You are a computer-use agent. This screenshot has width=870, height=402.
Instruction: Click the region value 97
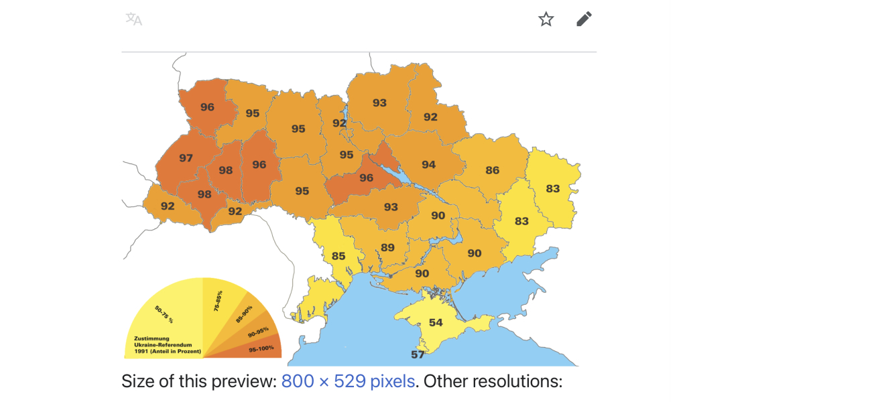coord(186,158)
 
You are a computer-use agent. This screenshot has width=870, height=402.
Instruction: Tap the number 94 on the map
coord(428,165)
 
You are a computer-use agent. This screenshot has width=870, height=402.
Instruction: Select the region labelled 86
coord(493,170)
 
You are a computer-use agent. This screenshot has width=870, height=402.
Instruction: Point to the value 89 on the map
coord(387,247)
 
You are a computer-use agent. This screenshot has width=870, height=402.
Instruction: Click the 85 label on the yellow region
coord(338,256)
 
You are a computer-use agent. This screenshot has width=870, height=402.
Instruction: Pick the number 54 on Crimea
coord(436,322)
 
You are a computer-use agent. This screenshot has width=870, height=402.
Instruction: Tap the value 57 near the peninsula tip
coord(418,354)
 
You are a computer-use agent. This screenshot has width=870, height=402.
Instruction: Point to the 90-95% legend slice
coord(258,331)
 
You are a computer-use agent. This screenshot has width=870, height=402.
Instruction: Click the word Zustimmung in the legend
coord(151,339)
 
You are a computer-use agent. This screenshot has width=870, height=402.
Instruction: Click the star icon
coord(546,19)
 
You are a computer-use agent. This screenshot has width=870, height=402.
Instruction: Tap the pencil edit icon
coord(584,19)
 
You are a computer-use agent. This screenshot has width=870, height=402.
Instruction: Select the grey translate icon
coord(133,19)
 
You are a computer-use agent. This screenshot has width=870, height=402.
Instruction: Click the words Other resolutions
coord(493,382)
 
